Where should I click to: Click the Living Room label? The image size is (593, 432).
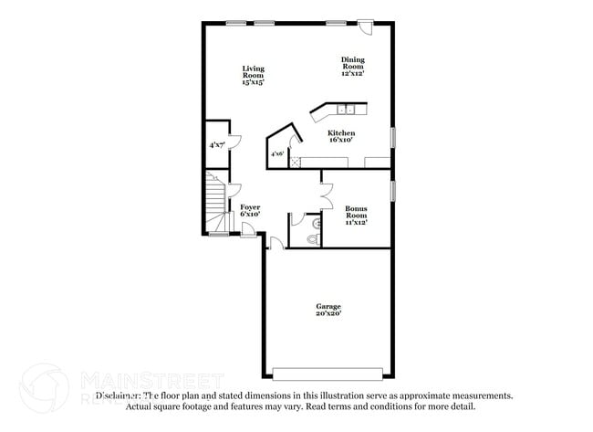pos(253,75)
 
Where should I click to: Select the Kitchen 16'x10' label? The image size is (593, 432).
pos(341,137)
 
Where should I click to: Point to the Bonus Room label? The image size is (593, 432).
pos(356,215)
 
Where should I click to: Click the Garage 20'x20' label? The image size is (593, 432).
pos(328,310)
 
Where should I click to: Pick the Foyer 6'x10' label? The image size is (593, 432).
pos(250,211)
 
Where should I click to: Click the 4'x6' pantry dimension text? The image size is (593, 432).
pos(276,154)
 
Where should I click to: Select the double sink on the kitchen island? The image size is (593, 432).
pos(347,111)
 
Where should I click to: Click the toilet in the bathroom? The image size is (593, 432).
pos(313,239)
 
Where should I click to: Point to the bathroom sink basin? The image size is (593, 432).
pos(317,222)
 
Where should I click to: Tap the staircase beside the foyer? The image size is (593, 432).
pos(215,206)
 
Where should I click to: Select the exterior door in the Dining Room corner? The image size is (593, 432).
pos(365,26)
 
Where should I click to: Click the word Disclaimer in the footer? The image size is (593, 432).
pos(119,395)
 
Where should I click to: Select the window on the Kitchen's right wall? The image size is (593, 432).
pos(393,135)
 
